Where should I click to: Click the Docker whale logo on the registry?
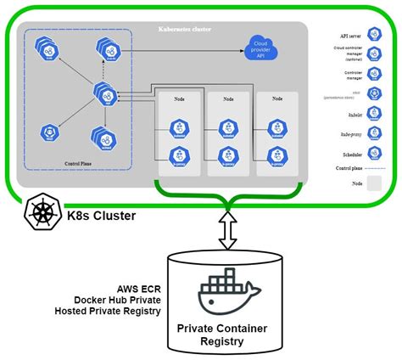(226, 292)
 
